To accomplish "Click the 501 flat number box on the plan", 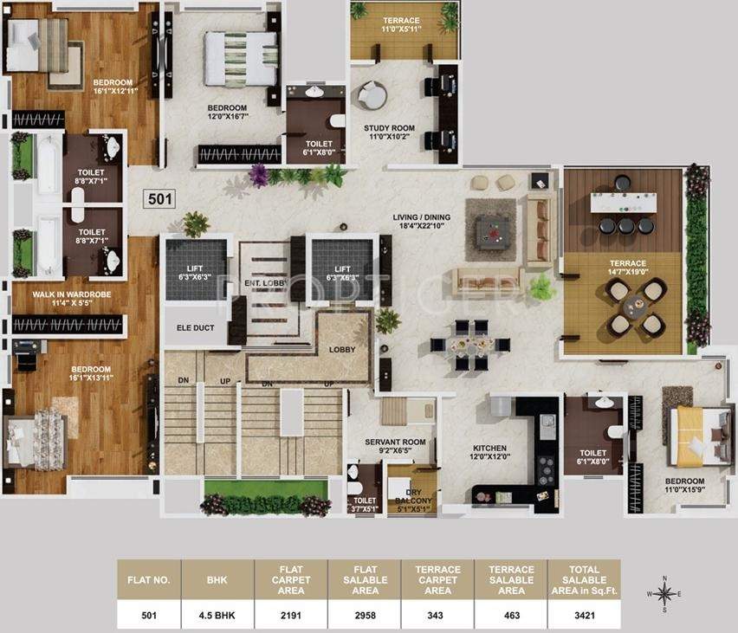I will click(x=161, y=198).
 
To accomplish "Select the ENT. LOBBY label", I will click(x=264, y=283).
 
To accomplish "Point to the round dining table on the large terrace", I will click(x=637, y=306).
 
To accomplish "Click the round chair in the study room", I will click(x=373, y=94).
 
